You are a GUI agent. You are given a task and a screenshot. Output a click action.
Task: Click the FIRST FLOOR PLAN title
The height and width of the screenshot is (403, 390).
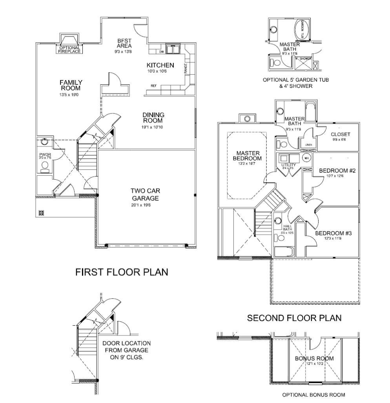click(122, 272)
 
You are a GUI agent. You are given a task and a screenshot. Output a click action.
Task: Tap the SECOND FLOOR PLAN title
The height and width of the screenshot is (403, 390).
click(294, 318)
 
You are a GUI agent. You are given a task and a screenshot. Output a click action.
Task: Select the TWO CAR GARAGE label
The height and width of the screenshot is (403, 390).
click(146, 194)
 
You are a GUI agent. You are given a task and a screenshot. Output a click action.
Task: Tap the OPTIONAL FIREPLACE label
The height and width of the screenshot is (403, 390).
click(69, 50)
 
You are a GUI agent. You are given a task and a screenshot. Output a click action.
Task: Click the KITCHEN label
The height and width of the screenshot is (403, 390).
click(160, 65)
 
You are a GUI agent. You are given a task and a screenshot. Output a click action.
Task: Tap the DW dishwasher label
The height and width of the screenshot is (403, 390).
click(161, 51)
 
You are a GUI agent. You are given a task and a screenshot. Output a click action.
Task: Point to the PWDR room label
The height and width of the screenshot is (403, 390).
click(45, 155)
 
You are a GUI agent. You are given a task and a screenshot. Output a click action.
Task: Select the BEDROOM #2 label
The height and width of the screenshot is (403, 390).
click(337, 171)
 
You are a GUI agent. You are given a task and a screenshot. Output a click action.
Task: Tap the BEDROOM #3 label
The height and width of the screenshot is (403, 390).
click(333, 233)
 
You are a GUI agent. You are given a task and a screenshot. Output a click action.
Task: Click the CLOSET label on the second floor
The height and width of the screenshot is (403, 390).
click(340, 134)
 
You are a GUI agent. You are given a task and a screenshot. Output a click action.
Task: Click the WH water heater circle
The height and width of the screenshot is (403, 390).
click(307, 158)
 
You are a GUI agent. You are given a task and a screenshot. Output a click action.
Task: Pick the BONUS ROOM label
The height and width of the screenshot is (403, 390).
click(314, 358)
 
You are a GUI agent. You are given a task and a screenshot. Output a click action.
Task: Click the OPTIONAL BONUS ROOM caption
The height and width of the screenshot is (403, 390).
click(314, 395)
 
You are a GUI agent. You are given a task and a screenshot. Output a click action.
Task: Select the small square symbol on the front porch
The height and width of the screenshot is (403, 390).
click(41, 213)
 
